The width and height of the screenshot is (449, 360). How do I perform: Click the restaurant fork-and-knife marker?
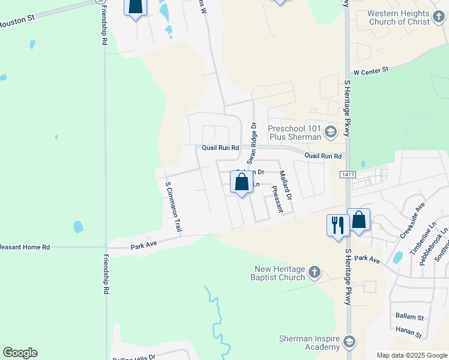point(337,225)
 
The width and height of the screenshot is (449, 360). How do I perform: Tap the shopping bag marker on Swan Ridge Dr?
point(241,183)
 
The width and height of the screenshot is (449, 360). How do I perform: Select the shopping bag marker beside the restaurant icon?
point(358,220)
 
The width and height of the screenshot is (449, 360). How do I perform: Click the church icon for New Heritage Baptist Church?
point(314,274)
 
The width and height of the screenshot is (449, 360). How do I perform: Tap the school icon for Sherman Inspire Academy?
point(349,343)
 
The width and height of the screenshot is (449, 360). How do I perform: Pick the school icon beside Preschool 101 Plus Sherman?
point(330,131)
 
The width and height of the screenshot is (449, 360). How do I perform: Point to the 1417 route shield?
point(347,175)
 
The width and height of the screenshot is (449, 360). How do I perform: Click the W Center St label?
point(371,71)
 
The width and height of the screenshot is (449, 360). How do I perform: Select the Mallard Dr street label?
point(285,185)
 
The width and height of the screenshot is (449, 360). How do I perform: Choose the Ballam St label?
point(409,316)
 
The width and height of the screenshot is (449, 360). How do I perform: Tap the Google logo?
point(20,353)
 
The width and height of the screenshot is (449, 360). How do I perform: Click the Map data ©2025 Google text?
point(412,355)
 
